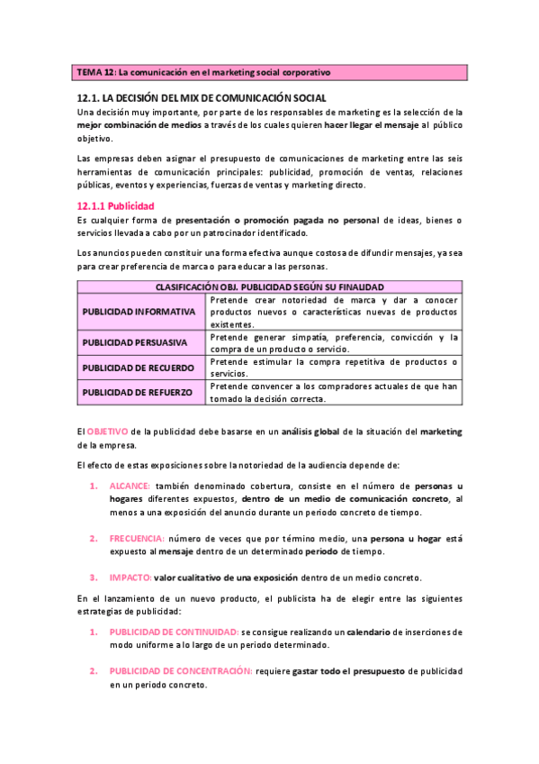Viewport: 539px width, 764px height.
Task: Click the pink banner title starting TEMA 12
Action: tap(203, 71)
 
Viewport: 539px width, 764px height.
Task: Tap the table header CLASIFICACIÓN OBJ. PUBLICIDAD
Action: tap(269, 286)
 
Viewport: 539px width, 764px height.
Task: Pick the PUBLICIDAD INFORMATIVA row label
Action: tap(139, 312)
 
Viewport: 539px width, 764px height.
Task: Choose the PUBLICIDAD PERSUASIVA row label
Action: tap(135, 342)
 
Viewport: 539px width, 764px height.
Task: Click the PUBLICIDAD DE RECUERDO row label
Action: tap(135, 368)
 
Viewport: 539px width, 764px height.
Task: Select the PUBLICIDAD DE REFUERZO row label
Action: tap(135, 392)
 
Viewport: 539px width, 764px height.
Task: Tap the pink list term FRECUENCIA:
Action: tap(138, 538)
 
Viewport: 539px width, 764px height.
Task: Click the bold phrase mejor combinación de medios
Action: tap(139, 125)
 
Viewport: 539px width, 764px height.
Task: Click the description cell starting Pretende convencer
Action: tap(333, 392)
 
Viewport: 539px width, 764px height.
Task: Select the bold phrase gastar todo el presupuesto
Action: tap(350, 671)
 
